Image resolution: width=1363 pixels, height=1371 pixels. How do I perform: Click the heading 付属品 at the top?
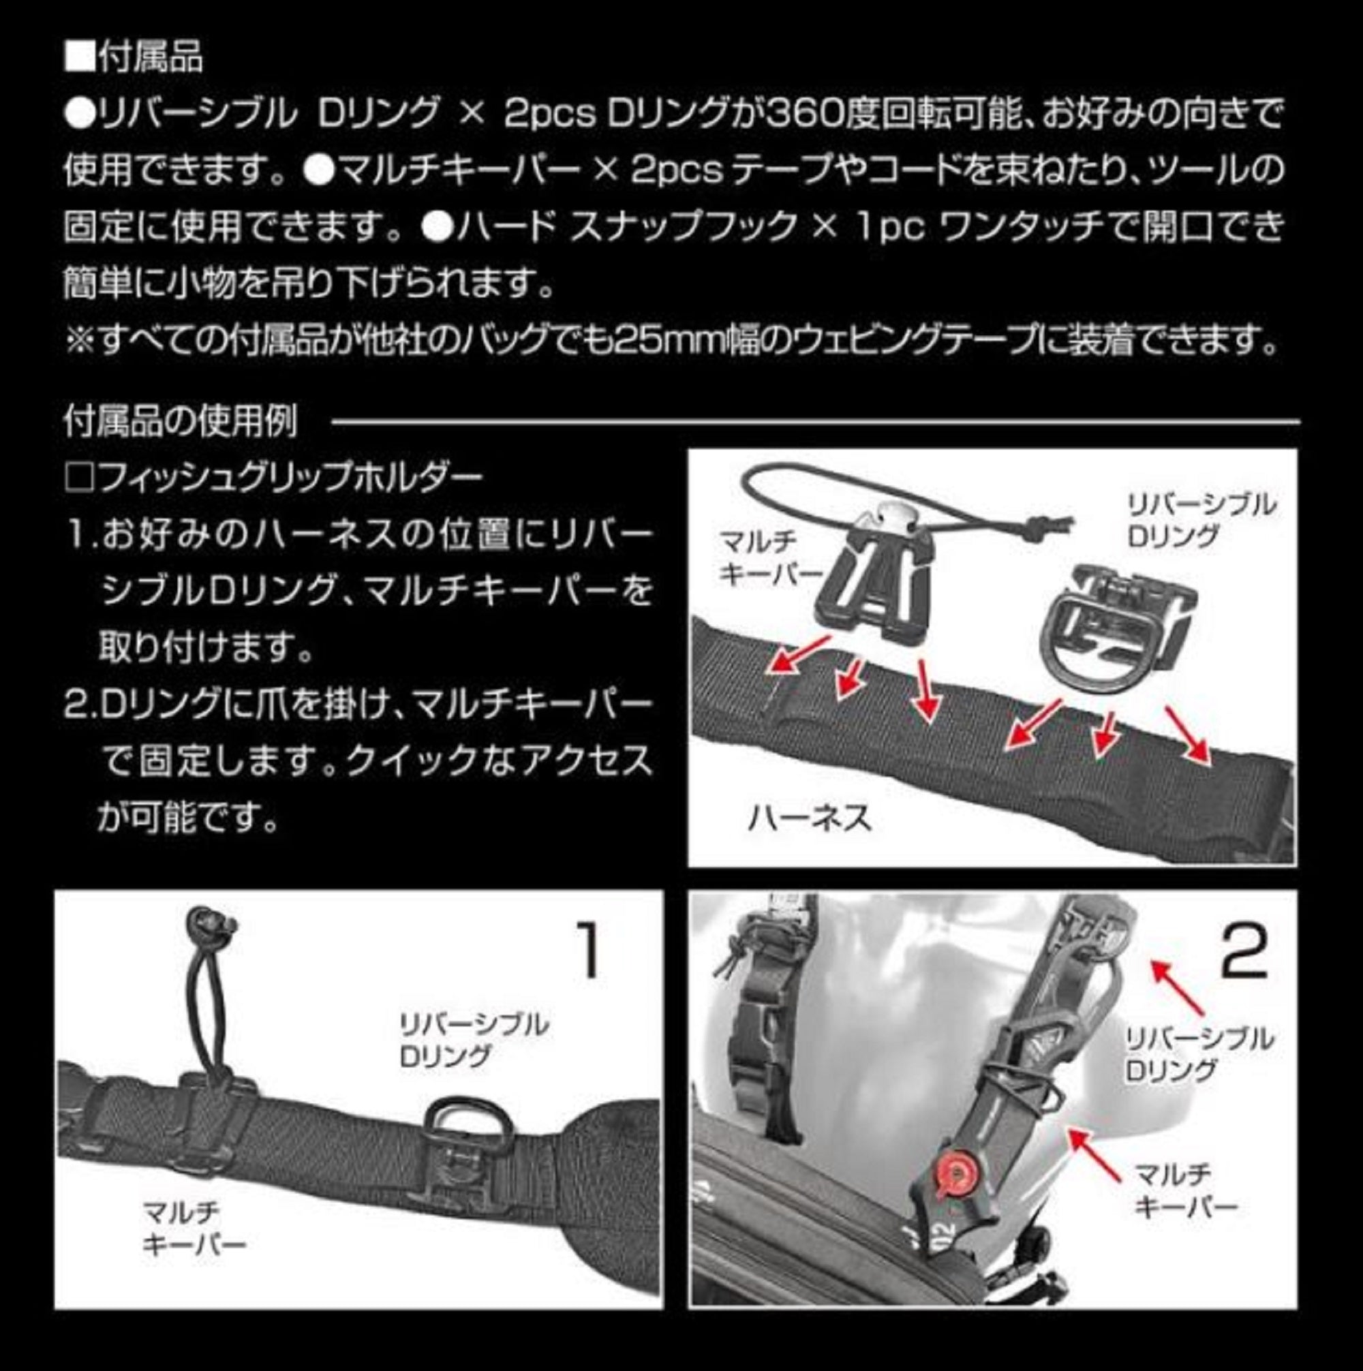point(151,57)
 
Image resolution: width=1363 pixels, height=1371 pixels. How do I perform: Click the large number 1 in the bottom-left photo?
point(589,949)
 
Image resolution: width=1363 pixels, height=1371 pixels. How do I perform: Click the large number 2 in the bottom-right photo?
point(1246,953)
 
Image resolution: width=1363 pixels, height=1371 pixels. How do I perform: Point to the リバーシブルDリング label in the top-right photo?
point(1200,520)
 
